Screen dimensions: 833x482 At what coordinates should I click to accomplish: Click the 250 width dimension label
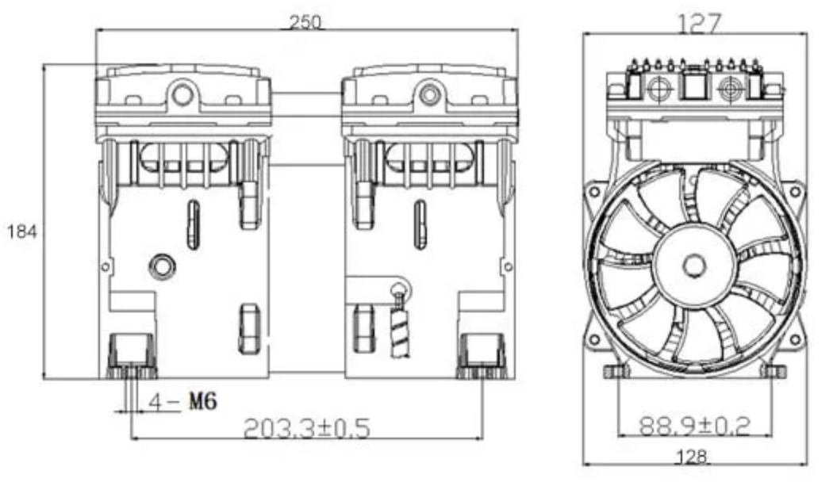point(305,22)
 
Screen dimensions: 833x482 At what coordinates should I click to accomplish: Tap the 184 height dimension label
point(21,232)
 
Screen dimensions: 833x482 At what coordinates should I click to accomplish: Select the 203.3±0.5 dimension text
point(306,428)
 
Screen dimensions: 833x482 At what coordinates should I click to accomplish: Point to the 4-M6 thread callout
point(182,401)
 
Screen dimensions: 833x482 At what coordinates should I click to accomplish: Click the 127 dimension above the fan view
point(699,23)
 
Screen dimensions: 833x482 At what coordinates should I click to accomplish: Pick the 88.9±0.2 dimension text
point(694,426)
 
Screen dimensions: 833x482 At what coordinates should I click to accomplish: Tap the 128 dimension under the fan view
point(692,457)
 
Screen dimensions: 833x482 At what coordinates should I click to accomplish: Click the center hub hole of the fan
point(694,266)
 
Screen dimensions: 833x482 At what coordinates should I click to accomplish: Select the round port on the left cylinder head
point(182,95)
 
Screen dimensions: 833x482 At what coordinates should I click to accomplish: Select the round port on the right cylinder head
point(430,95)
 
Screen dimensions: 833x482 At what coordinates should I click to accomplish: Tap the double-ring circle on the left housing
point(162,266)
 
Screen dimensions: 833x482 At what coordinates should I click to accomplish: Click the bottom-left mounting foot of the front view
point(131,356)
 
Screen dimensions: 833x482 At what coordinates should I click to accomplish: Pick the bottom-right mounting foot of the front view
point(482,356)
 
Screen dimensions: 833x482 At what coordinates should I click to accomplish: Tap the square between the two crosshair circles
point(695,85)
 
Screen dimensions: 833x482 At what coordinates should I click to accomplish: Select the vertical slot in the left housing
point(194,224)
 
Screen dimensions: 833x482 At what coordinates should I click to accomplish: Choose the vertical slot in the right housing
point(420,224)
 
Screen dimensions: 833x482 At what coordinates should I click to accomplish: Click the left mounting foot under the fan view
point(617,371)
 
